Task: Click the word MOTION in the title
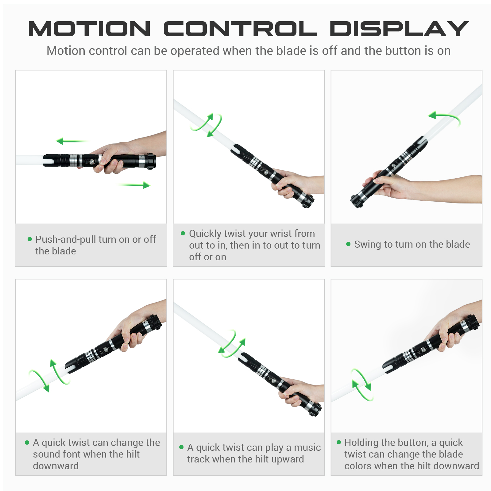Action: click(89, 29)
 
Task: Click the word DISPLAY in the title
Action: click(399, 29)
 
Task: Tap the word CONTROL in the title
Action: click(240, 29)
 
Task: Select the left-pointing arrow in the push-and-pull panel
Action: click(72, 141)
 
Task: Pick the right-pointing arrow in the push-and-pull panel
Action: click(134, 185)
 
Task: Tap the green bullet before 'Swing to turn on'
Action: click(348, 244)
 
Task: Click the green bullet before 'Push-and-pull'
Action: click(30, 239)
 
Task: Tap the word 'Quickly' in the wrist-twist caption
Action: click(205, 234)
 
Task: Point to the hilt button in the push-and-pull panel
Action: click(91, 160)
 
